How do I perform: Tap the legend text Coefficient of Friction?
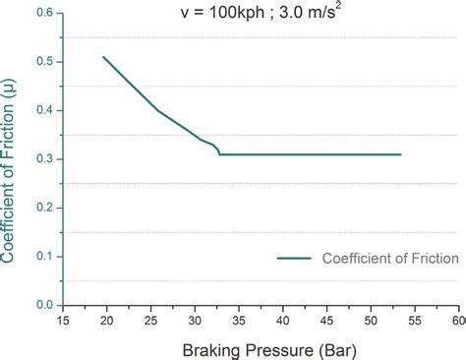pyautogui.click(x=390, y=259)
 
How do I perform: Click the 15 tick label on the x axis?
pyautogui.click(x=63, y=321)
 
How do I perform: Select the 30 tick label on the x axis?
pyautogui.click(x=195, y=321)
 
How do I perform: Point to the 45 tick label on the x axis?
pyautogui.click(x=326, y=321)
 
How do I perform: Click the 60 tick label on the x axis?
pyautogui.click(x=457, y=321)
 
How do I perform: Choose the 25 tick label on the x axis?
pyautogui.click(x=150, y=321)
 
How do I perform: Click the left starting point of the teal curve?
pyautogui.click(x=103, y=57)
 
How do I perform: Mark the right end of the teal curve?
pyautogui.click(x=401, y=154)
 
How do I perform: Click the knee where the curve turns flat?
pyautogui.click(x=219, y=154)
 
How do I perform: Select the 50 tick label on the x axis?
pyautogui.click(x=371, y=321)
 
